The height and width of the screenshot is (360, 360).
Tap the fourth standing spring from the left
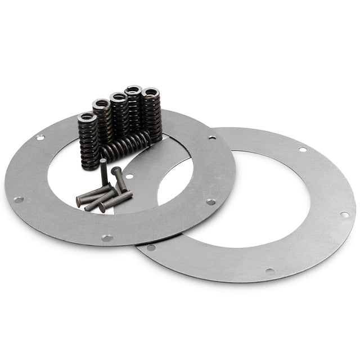134,110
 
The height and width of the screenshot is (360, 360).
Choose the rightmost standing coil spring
151,112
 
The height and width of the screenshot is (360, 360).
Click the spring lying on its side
126,148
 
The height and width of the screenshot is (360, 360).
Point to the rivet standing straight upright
104,172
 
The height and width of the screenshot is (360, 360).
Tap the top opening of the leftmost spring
87,118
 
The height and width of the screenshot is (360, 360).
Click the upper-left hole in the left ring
40,137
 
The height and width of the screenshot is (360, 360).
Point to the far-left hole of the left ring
18,199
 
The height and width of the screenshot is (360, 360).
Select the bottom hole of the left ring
106,238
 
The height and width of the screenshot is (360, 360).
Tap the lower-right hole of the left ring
210,201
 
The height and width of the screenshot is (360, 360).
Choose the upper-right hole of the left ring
212,137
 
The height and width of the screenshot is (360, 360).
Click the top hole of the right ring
303,150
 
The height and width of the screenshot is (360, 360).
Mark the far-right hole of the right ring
344,214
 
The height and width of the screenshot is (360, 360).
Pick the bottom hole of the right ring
270,271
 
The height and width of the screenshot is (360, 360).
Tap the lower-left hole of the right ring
150,247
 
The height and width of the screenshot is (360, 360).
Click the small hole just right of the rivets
130,176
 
